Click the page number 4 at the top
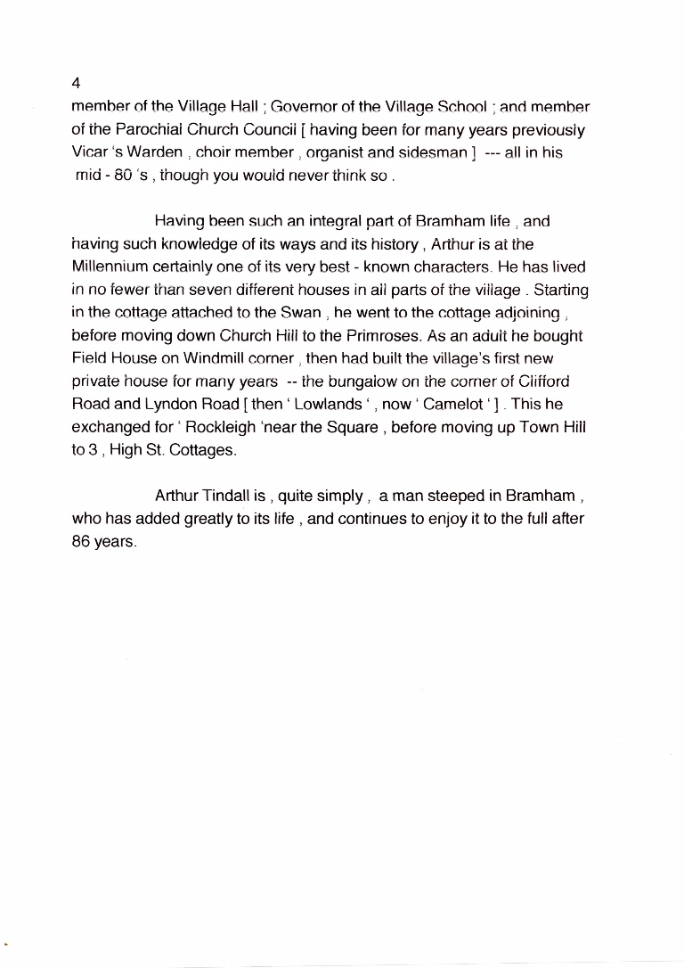coord(77,83)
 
